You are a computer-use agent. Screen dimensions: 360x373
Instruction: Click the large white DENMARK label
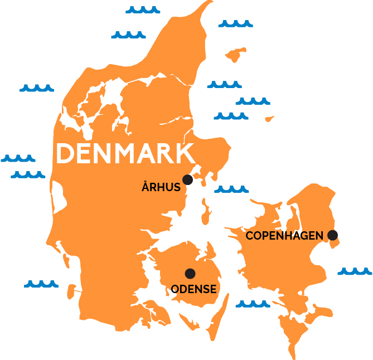[x=126, y=153]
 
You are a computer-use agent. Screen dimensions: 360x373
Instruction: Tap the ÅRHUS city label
[x=161, y=188]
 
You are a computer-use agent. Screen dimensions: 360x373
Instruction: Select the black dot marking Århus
[x=187, y=179]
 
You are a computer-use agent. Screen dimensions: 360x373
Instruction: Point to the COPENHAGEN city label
[x=284, y=236]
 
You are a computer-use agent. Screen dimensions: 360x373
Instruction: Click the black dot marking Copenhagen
[x=333, y=235]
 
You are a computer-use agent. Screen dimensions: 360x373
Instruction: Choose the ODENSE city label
[x=193, y=289]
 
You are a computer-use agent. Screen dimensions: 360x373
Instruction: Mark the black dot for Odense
[x=190, y=273]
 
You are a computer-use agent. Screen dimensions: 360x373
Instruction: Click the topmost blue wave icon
[x=143, y=9]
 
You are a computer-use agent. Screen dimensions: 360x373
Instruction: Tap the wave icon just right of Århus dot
[x=231, y=189]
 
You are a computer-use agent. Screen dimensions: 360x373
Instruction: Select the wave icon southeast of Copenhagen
[x=355, y=271]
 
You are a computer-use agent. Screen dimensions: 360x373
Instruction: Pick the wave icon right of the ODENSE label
[x=253, y=304]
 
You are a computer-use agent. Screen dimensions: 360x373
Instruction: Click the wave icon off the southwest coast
[x=41, y=284]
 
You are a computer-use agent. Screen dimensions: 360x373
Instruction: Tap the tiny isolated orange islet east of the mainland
[x=269, y=119]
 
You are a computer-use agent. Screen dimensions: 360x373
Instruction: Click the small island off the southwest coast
[x=71, y=290]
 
